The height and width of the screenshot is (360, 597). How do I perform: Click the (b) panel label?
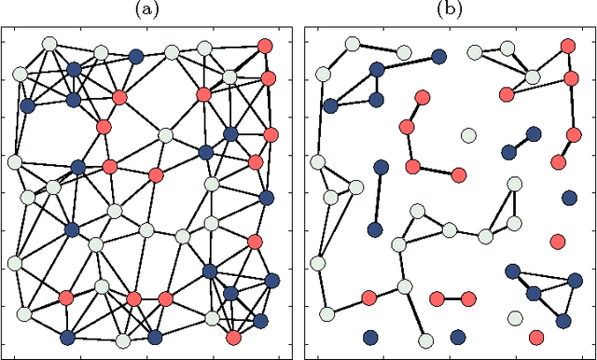coord(451,10)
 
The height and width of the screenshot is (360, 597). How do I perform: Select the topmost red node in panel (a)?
coord(264,45)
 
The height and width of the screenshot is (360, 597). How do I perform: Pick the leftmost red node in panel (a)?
coord(65,298)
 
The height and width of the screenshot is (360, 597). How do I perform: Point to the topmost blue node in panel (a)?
coord(137,56)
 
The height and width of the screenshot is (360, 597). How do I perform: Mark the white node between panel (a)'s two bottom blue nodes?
coord(122,339)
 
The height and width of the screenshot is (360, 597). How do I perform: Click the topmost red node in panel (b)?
coord(568,45)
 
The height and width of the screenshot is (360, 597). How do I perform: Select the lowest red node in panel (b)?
coord(536,337)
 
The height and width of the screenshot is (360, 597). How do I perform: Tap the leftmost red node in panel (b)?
coord(368,298)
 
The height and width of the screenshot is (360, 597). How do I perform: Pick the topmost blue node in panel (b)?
coord(376,69)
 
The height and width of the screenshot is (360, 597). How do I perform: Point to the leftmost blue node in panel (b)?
coord(330,105)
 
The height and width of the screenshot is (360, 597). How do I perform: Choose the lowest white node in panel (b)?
coord(425,339)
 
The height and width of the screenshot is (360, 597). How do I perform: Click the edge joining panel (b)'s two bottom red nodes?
coord(453,299)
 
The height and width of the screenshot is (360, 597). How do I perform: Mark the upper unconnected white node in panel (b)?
coord(467,136)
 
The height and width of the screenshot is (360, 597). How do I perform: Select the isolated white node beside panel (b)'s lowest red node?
coord(513,319)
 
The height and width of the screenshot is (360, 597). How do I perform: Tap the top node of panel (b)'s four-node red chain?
coord(422,97)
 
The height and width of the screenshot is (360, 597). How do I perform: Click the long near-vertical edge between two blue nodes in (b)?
coord(378,199)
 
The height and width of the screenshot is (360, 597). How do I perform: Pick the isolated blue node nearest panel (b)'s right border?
coord(569,198)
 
